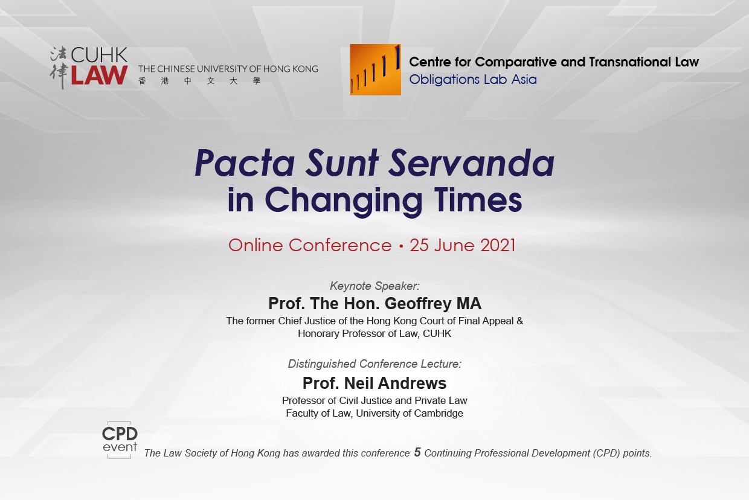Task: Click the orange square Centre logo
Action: [375, 70]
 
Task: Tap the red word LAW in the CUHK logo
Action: [99, 75]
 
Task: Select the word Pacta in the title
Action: [245, 163]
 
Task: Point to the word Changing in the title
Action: [344, 201]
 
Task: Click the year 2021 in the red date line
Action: [498, 245]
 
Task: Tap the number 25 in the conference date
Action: [419, 245]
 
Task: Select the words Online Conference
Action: [310, 245]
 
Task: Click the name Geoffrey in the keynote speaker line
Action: [418, 304]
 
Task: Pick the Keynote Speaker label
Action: [374, 286]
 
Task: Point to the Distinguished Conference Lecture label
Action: [374, 364]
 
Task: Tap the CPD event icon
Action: [120, 440]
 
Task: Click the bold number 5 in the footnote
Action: [417, 452]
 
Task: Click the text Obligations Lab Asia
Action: [473, 80]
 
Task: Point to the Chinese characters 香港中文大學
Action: [199, 81]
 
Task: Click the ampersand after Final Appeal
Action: [519, 321]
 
